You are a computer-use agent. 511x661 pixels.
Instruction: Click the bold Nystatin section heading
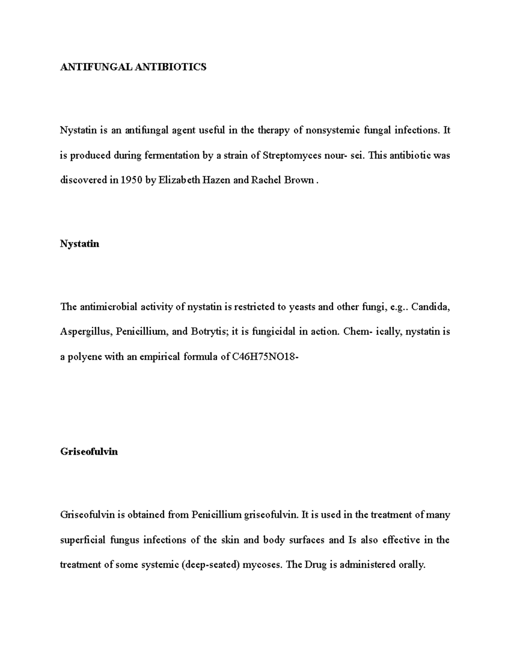coord(80,244)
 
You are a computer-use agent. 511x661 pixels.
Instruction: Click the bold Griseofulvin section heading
coord(89,452)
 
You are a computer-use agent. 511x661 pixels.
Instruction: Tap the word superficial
coord(83,540)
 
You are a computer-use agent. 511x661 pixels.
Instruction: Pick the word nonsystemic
coord(333,130)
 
